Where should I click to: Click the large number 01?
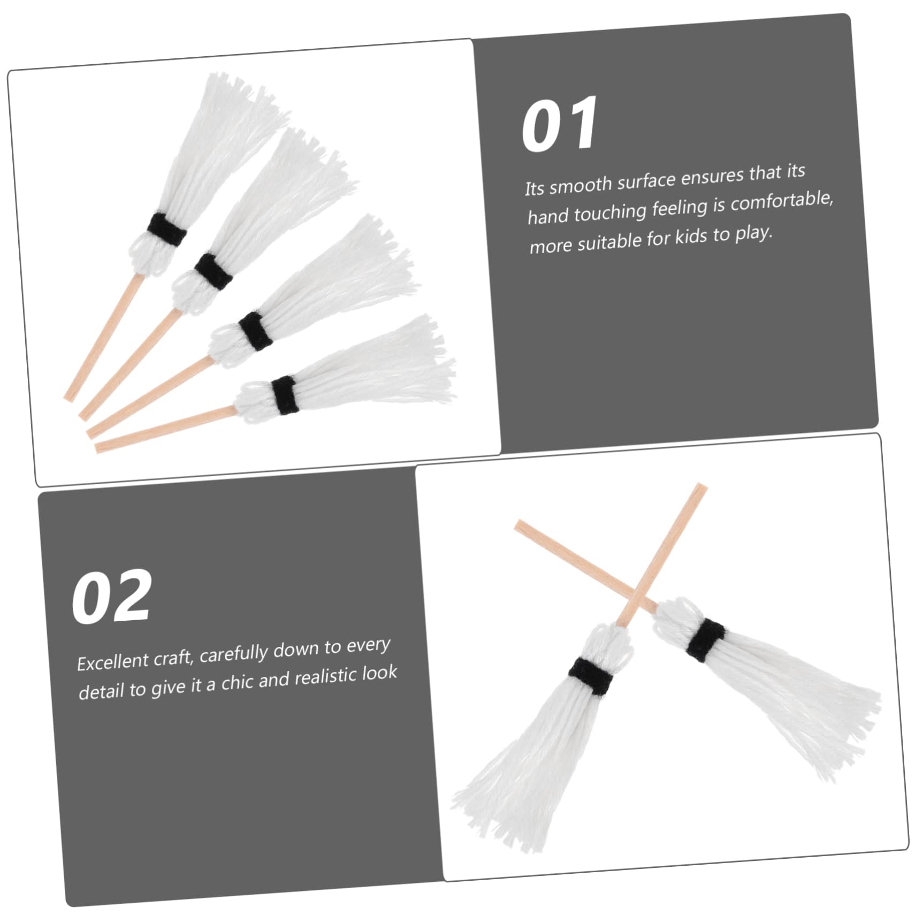click(x=559, y=124)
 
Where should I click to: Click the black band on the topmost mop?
click(x=167, y=230)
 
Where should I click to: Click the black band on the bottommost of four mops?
click(x=285, y=395)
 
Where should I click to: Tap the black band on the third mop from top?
click(x=255, y=331)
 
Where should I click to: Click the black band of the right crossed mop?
click(x=706, y=639)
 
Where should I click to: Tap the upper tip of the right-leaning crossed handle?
click(x=701, y=486)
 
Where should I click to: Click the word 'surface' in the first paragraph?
click(x=646, y=180)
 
